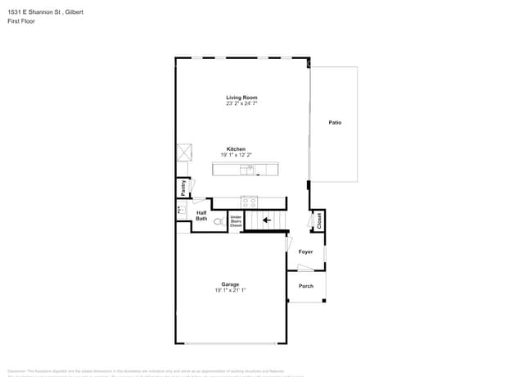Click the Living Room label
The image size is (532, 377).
pos(241,98)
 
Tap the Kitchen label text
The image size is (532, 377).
pos(236,149)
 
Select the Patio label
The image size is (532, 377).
pos(335,122)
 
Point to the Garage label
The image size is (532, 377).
pos(230,284)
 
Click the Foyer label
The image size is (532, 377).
pos(305,252)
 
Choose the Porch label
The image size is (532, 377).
pos(305,286)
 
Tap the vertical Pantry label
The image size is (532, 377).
pos(183,188)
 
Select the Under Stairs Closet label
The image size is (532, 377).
pos(236,220)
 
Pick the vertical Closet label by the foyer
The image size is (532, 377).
pos(318,220)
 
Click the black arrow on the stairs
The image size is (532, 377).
pos(266,220)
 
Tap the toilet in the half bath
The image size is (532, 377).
pos(219,221)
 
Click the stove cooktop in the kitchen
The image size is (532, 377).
pos(250,201)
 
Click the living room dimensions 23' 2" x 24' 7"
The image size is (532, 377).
pos(241,104)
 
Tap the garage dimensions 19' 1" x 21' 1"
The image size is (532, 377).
pos(230,290)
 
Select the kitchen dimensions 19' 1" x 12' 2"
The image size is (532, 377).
pos(236,155)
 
